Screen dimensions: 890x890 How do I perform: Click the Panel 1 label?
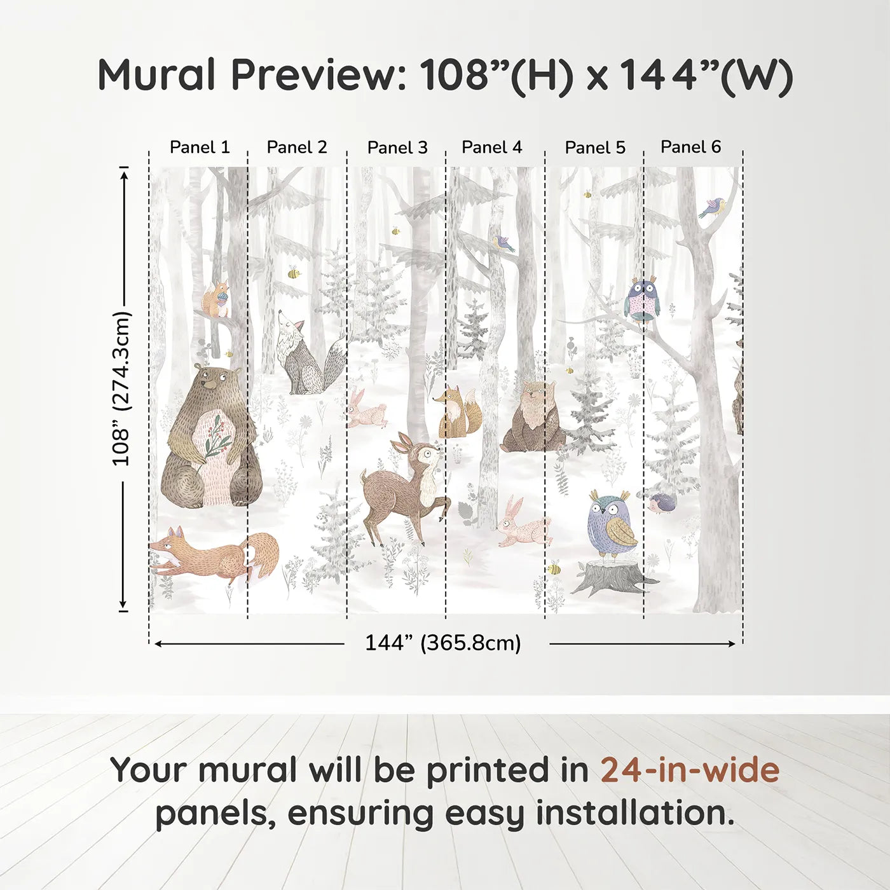199,147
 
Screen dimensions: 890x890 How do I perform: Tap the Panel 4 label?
491,147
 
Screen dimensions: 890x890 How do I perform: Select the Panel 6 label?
690,147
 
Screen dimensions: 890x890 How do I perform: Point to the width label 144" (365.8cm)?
442,643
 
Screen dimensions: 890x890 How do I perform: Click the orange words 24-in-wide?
690,770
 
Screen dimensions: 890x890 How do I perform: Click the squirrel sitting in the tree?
216,299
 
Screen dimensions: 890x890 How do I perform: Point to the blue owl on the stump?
611,524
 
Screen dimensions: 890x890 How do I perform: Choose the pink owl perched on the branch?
641,300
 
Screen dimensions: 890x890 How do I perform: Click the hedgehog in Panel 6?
664,504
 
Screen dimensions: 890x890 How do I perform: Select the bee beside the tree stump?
554,568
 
